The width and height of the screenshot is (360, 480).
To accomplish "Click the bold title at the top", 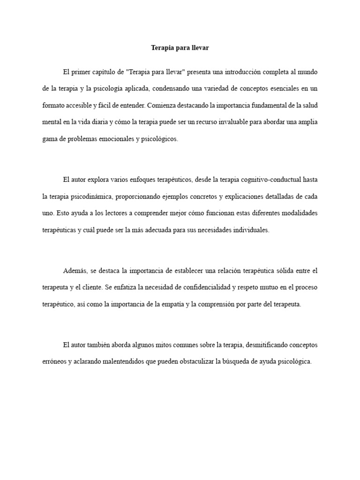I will [x=180, y=48].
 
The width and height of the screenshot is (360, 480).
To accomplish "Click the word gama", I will [x=50, y=139].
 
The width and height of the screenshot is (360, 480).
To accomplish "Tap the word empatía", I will [x=173, y=304].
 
